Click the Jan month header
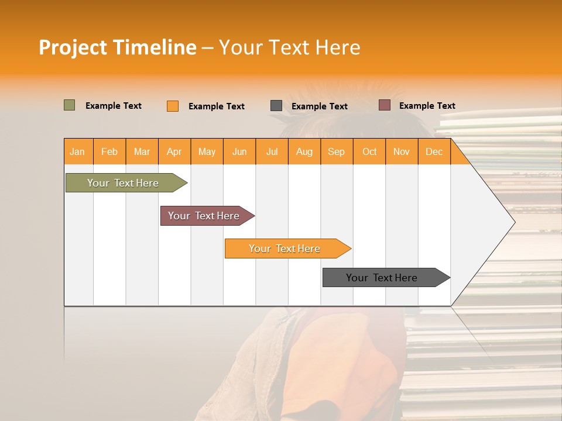(x=78, y=151)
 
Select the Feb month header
(x=109, y=151)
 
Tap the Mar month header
(x=142, y=151)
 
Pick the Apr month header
(x=174, y=151)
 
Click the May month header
(x=207, y=151)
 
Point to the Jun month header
(x=239, y=151)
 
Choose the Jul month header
(x=272, y=151)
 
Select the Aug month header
(x=304, y=151)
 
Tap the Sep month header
(x=337, y=151)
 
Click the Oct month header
(x=369, y=151)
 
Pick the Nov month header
(x=402, y=151)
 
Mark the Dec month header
(x=434, y=151)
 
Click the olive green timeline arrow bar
(x=124, y=183)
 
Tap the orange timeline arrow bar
(x=285, y=249)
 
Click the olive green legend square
(x=70, y=105)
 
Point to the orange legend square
(x=173, y=106)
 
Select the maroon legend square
(x=385, y=105)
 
